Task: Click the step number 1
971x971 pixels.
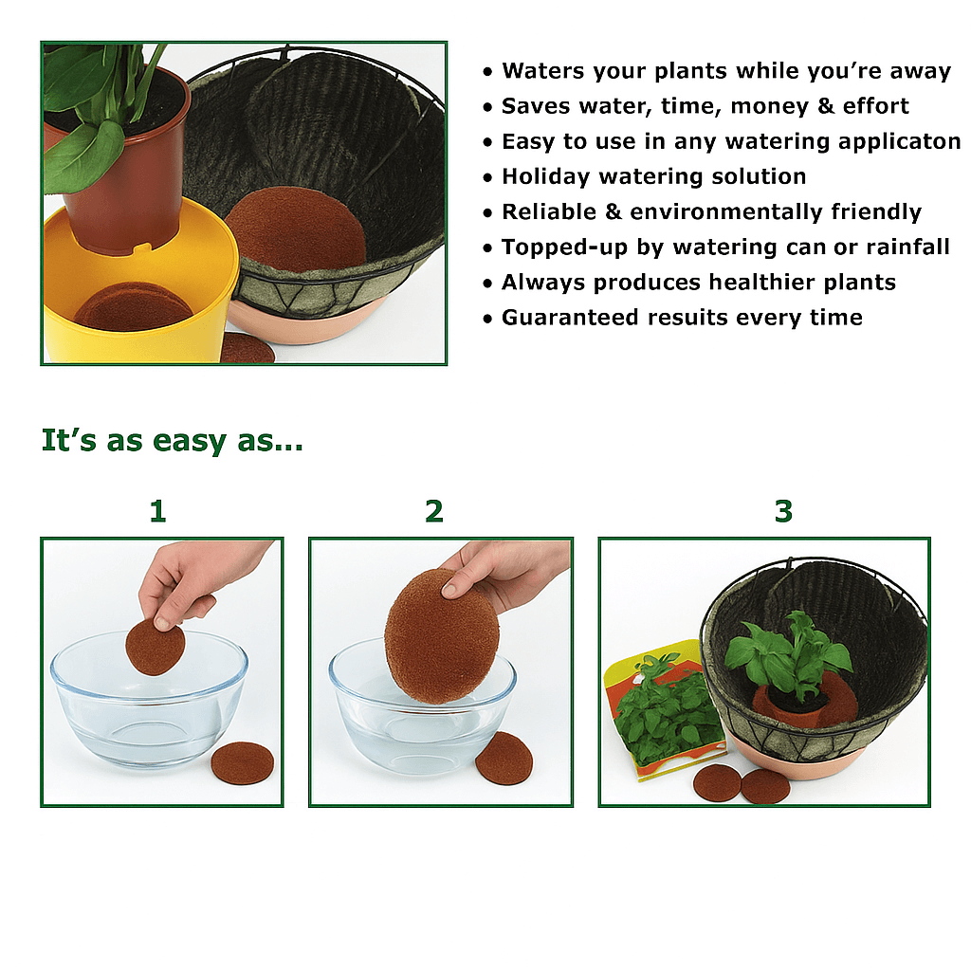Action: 157,511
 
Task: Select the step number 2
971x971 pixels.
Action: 434,511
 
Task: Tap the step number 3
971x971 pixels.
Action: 783,511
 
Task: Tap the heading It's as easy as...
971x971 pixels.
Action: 172,441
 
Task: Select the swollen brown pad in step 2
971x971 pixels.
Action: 441,635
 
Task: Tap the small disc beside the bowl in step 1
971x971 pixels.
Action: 242,763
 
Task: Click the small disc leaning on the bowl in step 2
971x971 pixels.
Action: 504,758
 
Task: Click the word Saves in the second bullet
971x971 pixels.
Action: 532,106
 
